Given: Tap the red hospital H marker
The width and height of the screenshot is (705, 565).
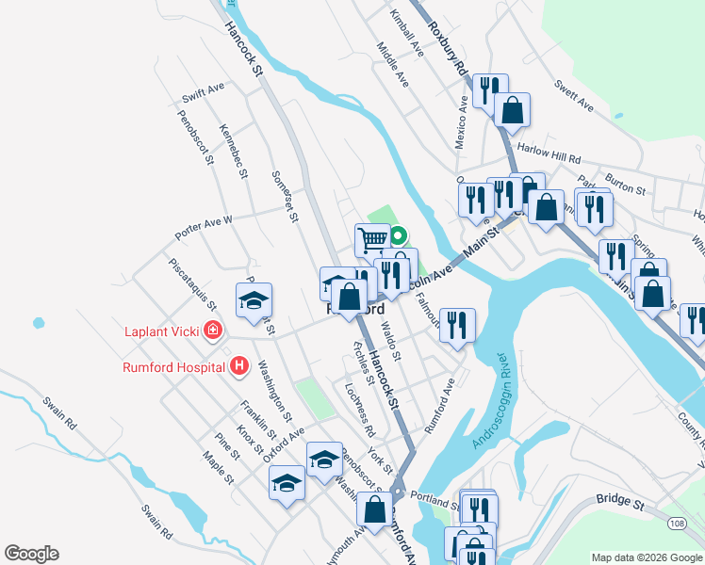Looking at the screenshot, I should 239,366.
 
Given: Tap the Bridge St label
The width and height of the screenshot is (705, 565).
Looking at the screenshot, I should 619,505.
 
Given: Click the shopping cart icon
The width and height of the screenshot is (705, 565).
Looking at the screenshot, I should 372,240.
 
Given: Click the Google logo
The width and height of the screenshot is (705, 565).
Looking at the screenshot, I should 31,554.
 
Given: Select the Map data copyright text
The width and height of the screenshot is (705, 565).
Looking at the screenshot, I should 647,557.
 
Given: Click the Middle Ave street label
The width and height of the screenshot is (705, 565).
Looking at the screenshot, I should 392,65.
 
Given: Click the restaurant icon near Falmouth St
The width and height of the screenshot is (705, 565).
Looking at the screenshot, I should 457,325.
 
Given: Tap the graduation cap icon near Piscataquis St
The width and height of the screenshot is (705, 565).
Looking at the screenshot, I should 254,300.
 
